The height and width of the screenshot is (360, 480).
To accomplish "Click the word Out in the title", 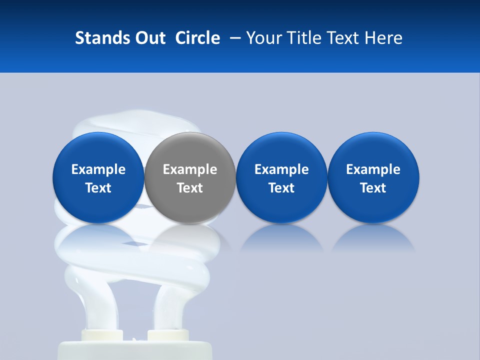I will [149, 38].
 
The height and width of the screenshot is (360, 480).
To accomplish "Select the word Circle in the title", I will [197, 38].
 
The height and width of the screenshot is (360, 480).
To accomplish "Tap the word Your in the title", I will [263, 38].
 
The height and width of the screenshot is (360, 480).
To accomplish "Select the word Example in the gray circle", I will [190, 169].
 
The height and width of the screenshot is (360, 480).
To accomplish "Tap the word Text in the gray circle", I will [190, 188].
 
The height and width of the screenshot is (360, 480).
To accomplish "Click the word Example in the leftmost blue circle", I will [98, 169].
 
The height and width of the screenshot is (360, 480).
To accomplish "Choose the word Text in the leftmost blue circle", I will [98, 188].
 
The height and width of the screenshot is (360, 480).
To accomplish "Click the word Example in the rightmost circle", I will [373, 169].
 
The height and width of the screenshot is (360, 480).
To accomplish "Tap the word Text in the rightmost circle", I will [373, 188].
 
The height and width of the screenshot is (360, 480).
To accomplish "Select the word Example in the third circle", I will [281, 169].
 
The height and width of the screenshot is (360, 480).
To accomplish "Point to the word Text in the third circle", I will [281, 188].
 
